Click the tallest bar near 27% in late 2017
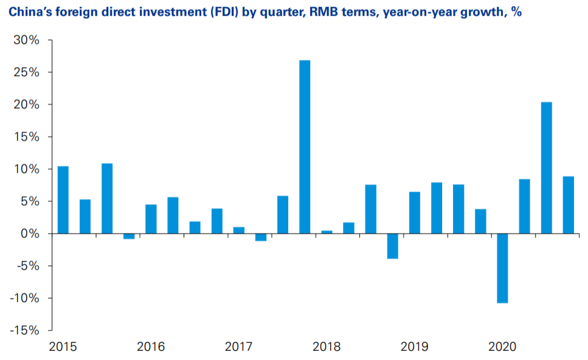coord(305,147)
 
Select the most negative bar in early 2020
coord(502,268)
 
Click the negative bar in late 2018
coord(393,246)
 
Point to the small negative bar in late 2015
coord(129,237)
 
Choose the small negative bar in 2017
coord(261,237)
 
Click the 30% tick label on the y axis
coord(27,40)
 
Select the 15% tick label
coord(27,137)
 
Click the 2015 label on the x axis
coord(63,347)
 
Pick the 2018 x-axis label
coord(327,347)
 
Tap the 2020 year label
coord(502,347)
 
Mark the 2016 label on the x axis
coord(151,347)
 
